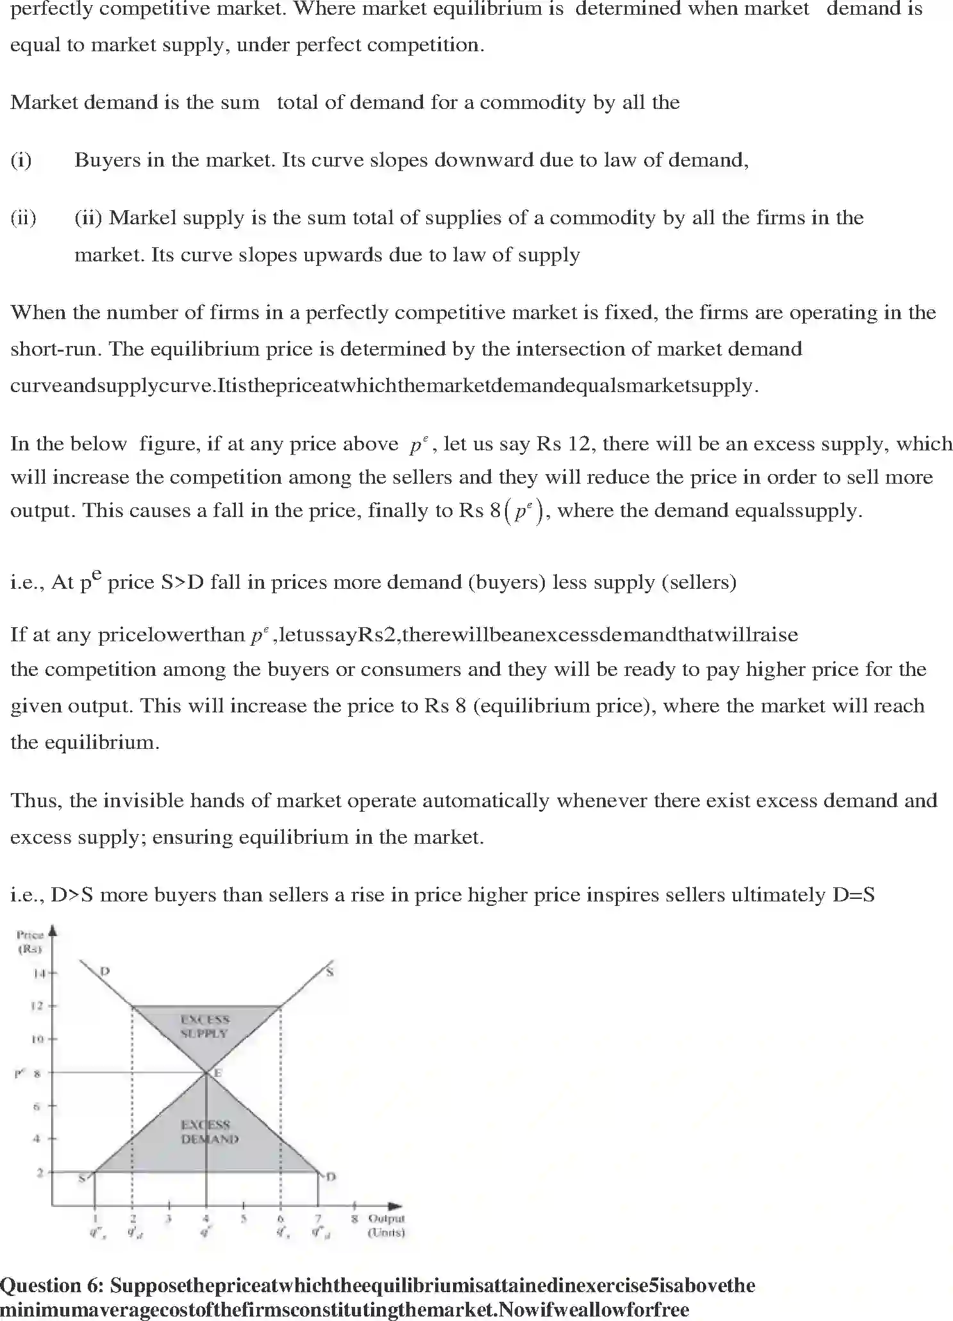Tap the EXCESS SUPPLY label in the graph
(x=204, y=1026)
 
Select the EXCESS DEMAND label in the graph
(x=210, y=1132)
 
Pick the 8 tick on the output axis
(x=354, y=1218)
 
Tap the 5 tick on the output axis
(x=244, y=1218)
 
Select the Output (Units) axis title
(x=386, y=1225)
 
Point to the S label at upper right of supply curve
(x=329, y=972)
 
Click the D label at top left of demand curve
(x=105, y=971)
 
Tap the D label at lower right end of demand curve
(x=331, y=1176)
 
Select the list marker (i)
(x=21, y=160)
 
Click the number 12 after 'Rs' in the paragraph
(x=579, y=443)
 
